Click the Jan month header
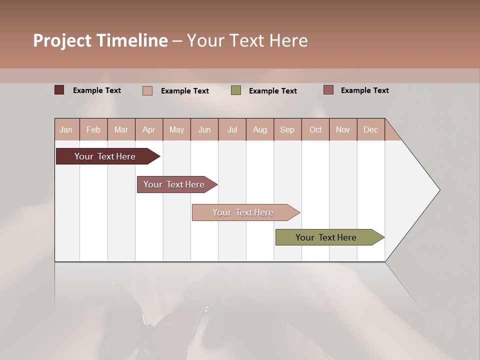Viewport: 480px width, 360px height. (66, 129)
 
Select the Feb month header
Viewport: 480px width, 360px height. (93, 129)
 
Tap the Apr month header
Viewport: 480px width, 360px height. (148, 129)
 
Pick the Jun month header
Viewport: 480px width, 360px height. (204, 129)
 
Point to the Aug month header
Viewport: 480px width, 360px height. (259, 129)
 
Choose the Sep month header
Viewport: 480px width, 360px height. (287, 129)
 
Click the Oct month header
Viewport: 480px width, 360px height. (315, 129)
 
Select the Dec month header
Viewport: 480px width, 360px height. (370, 129)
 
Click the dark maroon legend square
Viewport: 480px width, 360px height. (59, 90)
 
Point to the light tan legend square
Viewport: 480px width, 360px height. (147, 90)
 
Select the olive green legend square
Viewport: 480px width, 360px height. (236, 90)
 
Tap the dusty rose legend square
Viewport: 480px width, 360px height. (328, 90)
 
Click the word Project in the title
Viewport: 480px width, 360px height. (62, 40)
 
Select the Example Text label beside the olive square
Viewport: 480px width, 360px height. (272, 91)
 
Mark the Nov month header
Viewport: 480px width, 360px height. (343, 129)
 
